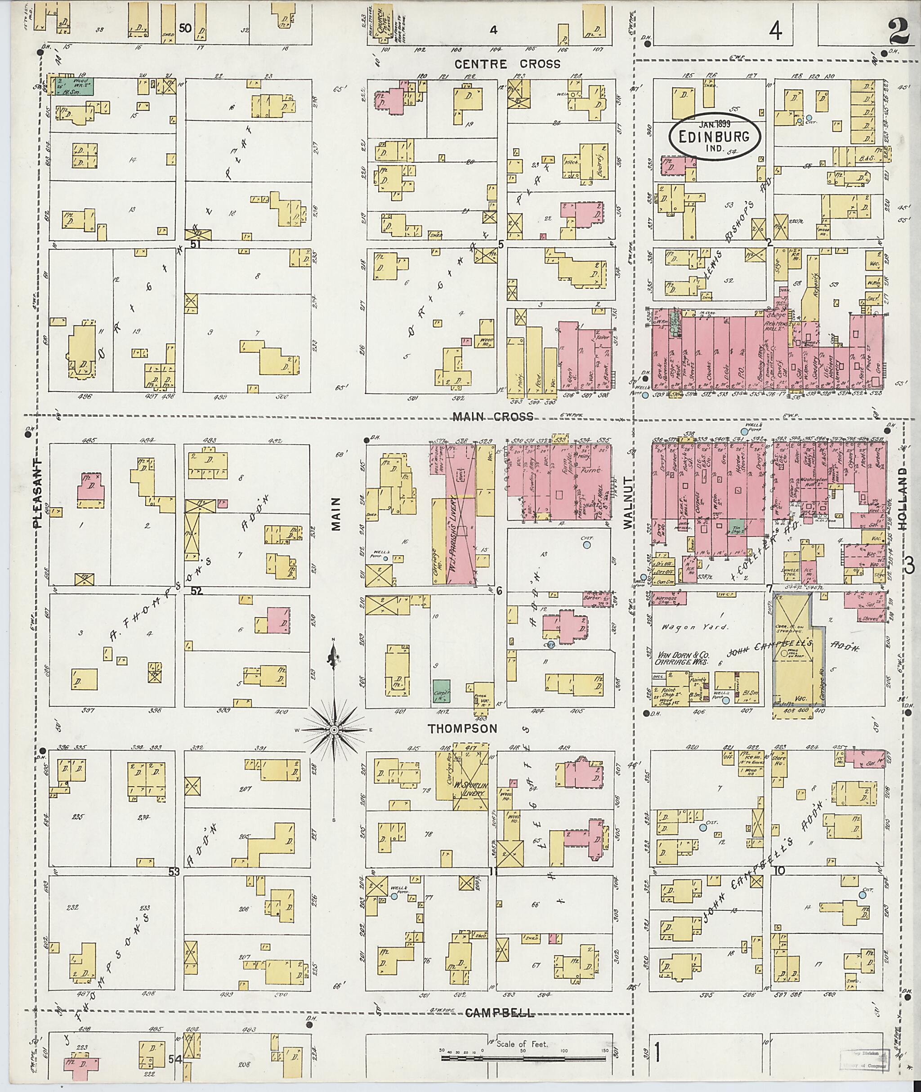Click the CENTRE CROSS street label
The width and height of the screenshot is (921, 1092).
pos(507,64)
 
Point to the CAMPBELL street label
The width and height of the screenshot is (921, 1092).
pos(500,648)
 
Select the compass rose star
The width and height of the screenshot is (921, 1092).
pos(334,729)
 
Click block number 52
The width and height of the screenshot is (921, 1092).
pos(197,592)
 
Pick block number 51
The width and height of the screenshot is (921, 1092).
pos(197,244)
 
